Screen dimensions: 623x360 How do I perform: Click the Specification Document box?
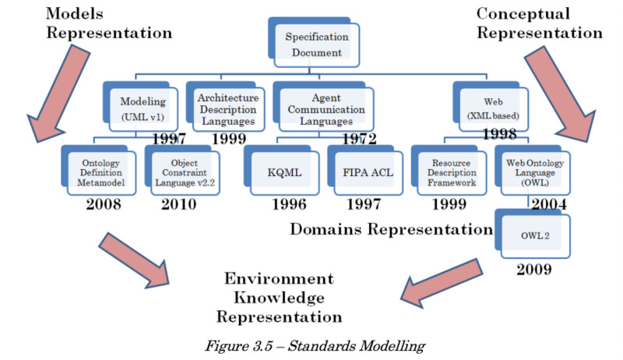click(x=314, y=42)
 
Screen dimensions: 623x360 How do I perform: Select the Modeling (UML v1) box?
click(x=140, y=107)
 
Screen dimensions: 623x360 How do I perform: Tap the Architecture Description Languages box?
click(x=225, y=107)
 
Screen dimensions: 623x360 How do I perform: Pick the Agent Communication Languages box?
click(x=323, y=107)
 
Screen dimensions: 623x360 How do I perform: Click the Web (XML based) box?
click(x=491, y=107)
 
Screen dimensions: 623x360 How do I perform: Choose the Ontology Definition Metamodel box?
click(x=99, y=170)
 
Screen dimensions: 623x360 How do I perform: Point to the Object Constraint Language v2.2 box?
click(x=182, y=170)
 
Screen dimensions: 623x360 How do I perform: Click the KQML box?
click(x=282, y=170)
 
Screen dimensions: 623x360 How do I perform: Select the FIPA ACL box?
click(x=365, y=170)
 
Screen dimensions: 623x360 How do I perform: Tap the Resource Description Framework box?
click(x=449, y=170)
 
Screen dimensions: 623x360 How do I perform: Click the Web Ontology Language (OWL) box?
click(x=533, y=170)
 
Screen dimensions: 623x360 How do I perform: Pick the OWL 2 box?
click(x=533, y=234)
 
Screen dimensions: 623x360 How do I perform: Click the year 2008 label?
click(x=104, y=204)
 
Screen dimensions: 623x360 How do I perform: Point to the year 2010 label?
click(x=179, y=204)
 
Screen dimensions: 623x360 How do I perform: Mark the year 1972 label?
click(x=359, y=139)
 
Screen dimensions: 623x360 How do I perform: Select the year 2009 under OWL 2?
click(x=534, y=270)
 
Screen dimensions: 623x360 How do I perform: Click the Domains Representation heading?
click(x=392, y=229)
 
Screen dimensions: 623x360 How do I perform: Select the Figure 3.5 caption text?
click(x=315, y=346)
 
